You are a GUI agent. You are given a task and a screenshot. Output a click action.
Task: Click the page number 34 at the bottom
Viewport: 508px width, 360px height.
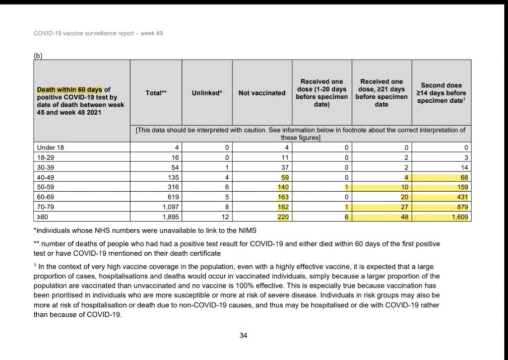[x=243, y=336]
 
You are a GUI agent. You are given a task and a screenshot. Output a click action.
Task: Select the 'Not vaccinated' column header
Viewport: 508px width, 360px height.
[x=262, y=92]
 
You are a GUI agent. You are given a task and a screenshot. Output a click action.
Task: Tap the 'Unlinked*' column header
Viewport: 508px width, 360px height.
[x=207, y=92]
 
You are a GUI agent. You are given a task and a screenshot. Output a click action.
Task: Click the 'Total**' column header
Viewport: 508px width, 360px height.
[x=156, y=92]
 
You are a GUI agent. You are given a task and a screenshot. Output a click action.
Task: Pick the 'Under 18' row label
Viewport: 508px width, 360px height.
[x=51, y=147]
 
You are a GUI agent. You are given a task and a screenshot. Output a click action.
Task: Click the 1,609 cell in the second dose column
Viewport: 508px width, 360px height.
[x=458, y=217]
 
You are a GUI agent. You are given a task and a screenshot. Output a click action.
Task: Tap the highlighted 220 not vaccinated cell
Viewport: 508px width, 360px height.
[x=282, y=217]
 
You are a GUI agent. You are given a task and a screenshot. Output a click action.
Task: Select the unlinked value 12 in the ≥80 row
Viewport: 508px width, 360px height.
[x=226, y=217]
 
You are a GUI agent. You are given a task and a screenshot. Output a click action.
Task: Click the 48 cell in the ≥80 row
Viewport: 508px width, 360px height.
[x=403, y=217]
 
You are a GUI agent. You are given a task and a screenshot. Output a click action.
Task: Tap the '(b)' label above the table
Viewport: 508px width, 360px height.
[x=38, y=56]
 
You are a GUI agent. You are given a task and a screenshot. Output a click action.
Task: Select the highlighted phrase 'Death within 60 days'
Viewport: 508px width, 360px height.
[x=69, y=89]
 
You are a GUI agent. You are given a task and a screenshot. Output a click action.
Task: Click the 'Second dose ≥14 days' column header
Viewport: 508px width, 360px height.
[x=442, y=92]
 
